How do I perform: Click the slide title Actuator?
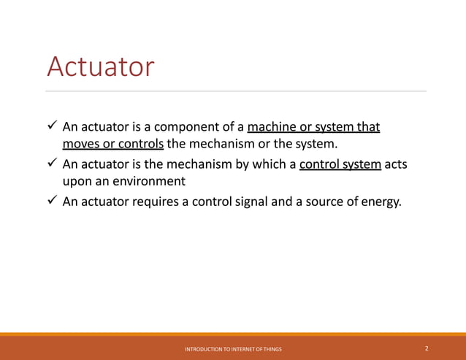100,67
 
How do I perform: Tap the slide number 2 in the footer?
427,349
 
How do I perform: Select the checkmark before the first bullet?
52,127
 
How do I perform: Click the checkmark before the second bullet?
52,164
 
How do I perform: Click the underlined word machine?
272,128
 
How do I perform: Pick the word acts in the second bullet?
396,165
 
